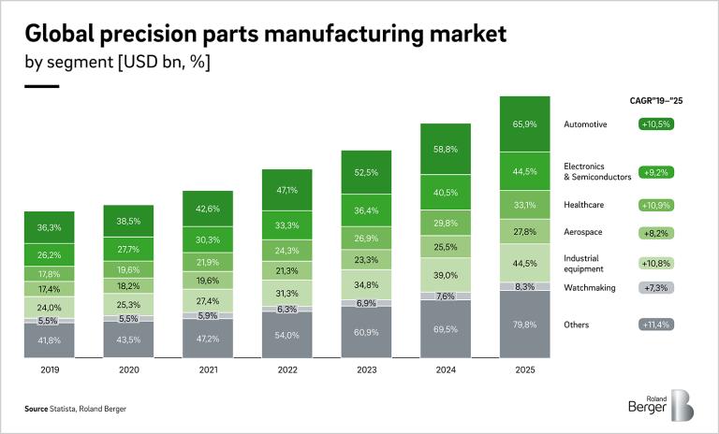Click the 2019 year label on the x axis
coord(49,369)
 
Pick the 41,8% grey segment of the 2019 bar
coord(49,340)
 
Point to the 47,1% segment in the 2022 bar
coord(286,190)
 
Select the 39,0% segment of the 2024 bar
coord(445,276)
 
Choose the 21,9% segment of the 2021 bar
coord(207,262)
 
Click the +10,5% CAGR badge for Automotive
coord(656,124)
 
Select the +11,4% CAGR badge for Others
coord(656,325)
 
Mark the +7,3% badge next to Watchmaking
coord(656,288)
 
